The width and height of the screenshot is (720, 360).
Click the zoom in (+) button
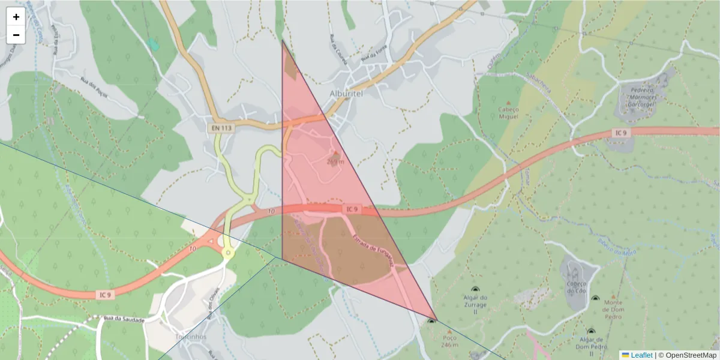click(x=16, y=17)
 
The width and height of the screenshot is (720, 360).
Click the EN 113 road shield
click(x=222, y=128)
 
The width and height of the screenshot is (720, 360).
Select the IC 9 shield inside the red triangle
click(x=352, y=209)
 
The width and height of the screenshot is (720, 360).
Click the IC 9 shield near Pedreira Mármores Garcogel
click(x=621, y=133)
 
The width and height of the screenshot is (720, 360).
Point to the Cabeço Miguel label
click(x=508, y=113)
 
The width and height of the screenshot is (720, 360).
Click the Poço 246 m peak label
click(x=449, y=341)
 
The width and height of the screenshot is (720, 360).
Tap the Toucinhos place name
click(x=190, y=337)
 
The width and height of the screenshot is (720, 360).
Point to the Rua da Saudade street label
click(x=124, y=319)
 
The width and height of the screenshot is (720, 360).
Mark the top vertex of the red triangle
click(x=282, y=40)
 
